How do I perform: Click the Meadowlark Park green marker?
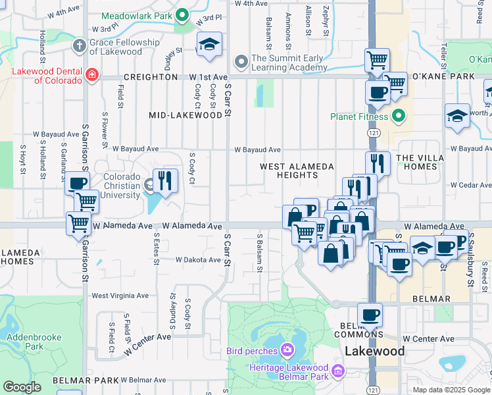click(184, 15)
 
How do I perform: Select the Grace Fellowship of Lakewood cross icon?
click(79, 45)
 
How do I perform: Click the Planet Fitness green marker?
click(398, 118)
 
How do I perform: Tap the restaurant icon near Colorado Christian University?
click(165, 180)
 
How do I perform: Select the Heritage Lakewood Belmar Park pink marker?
click(338, 372)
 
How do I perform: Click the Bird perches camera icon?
click(287, 349)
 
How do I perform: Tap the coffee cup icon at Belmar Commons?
click(370, 315)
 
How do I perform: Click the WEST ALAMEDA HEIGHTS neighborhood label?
click(297, 171)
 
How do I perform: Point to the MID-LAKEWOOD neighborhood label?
click(186, 115)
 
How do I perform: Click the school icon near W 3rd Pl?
click(209, 44)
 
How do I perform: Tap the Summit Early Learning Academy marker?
click(241, 59)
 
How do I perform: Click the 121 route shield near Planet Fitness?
click(373, 134)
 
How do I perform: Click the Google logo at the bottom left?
click(22, 387)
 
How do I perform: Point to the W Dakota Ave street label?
click(198, 260)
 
